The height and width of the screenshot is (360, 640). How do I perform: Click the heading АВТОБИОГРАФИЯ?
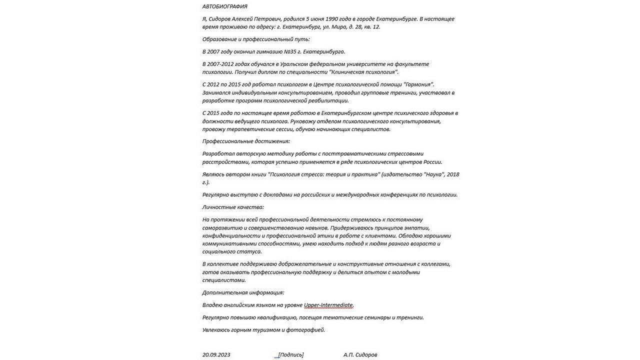click(x=224, y=6)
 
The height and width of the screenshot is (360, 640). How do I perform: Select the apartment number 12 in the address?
click(x=376, y=27)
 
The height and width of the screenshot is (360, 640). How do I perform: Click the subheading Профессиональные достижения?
click(x=246, y=141)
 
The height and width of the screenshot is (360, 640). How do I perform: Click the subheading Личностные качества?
click(x=233, y=207)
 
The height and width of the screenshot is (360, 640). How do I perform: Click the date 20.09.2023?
click(x=216, y=355)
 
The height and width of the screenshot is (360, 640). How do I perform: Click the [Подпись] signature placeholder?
click(x=291, y=355)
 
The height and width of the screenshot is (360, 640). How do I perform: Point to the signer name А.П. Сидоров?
click(x=360, y=355)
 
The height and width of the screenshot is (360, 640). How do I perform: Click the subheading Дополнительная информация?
click(x=243, y=292)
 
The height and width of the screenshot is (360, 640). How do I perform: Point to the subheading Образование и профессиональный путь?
click(x=256, y=39)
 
